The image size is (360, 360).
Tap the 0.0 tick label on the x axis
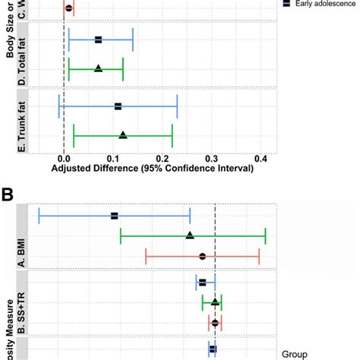coord(64,159)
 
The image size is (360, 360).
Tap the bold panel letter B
coord(9,194)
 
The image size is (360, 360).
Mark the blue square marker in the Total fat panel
coord(98,39)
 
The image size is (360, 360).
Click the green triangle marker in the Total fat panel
coord(98,68)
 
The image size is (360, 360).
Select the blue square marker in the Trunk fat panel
coord(118,106)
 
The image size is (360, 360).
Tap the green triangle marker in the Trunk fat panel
coord(123,135)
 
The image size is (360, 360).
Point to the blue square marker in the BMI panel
coord(115,216)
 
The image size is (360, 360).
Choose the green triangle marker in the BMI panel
coord(190,236)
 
